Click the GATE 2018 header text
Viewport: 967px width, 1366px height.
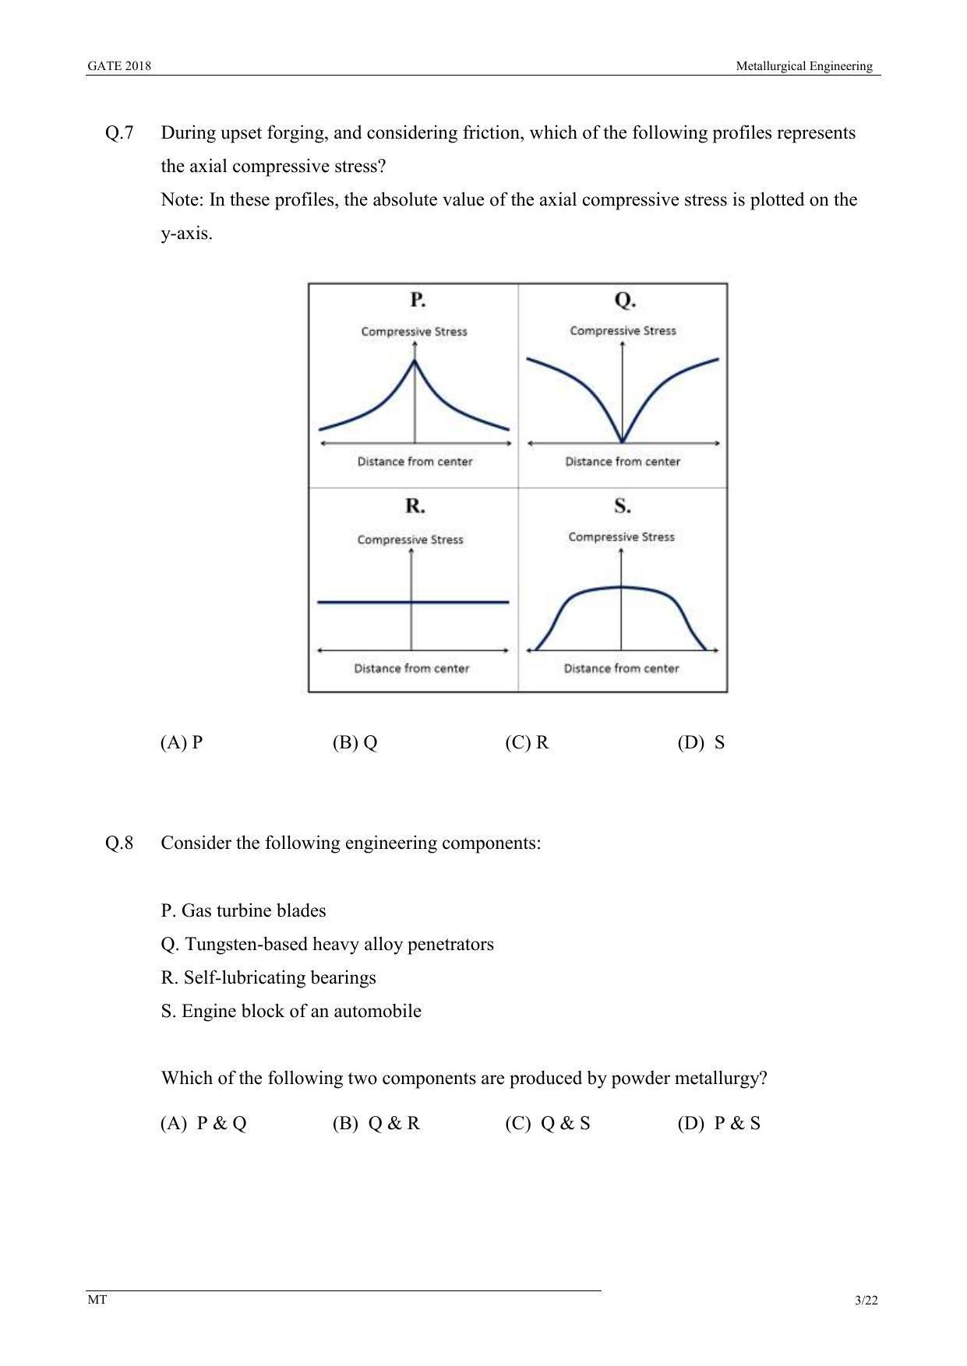[x=118, y=66]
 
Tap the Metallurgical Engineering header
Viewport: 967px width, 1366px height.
[x=804, y=66]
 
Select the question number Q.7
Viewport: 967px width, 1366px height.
[x=119, y=133]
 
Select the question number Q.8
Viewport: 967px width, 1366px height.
[x=119, y=843]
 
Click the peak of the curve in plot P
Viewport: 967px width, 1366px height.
[x=415, y=360]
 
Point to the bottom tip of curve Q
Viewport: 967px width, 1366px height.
[x=622, y=442]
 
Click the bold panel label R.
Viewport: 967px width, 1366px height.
[x=415, y=506]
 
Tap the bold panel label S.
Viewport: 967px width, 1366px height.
[x=622, y=506]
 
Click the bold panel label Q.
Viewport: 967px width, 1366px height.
[x=625, y=300]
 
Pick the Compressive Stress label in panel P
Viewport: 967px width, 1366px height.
[x=414, y=332]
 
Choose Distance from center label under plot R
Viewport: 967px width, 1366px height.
[x=411, y=668]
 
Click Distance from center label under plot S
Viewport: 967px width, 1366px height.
[x=621, y=668]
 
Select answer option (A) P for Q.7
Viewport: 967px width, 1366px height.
[x=182, y=742]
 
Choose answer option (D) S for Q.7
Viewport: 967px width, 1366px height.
[x=701, y=742]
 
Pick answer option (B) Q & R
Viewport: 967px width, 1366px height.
[x=376, y=1123]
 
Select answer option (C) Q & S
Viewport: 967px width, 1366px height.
[x=548, y=1123]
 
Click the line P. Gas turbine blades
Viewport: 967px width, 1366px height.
[x=243, y=910]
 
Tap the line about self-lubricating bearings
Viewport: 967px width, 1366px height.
[x=268, y=977]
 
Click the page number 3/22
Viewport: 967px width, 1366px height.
[x=866, y=1301]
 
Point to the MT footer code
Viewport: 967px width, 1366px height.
[x=97, y=1300]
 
